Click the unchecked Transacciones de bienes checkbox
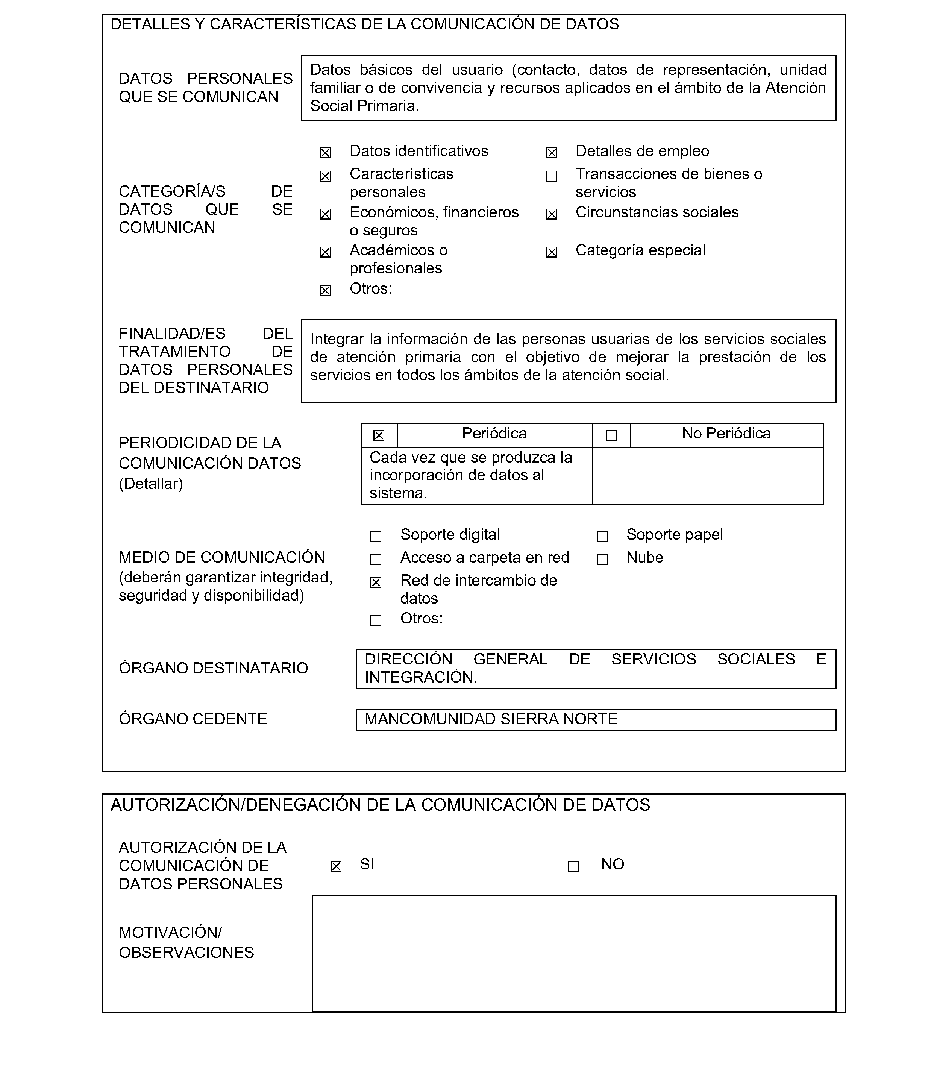552,176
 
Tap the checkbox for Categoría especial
552,252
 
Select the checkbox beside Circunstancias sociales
552,214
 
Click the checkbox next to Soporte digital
376,536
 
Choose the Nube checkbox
602,559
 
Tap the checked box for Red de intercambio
376,582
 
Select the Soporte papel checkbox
602,536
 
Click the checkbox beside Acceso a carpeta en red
376,559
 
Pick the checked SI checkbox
336,866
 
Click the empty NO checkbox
573,866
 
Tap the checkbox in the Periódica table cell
379,435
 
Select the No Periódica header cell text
726,434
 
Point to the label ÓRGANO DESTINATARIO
213,668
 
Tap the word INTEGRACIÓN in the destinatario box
420,678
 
